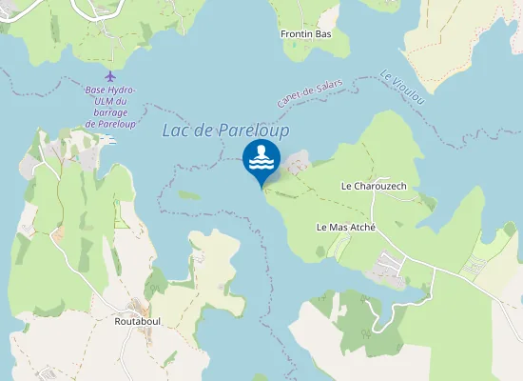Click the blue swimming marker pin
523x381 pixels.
coord(261,160)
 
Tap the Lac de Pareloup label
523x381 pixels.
coord(225,130)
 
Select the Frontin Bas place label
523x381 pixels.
coord(305,34)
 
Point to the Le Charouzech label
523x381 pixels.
coord(374,186)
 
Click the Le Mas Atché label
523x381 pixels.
coord(346,228)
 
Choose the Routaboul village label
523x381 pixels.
coord(137,322)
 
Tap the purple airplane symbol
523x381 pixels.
coord(110,76)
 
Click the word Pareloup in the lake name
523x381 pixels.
coord(254,130)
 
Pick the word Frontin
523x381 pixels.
coord(297,34)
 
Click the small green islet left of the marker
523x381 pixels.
coord(189,195)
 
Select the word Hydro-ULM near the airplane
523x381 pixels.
coord(120,90)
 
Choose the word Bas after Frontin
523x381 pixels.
coord(323,34)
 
